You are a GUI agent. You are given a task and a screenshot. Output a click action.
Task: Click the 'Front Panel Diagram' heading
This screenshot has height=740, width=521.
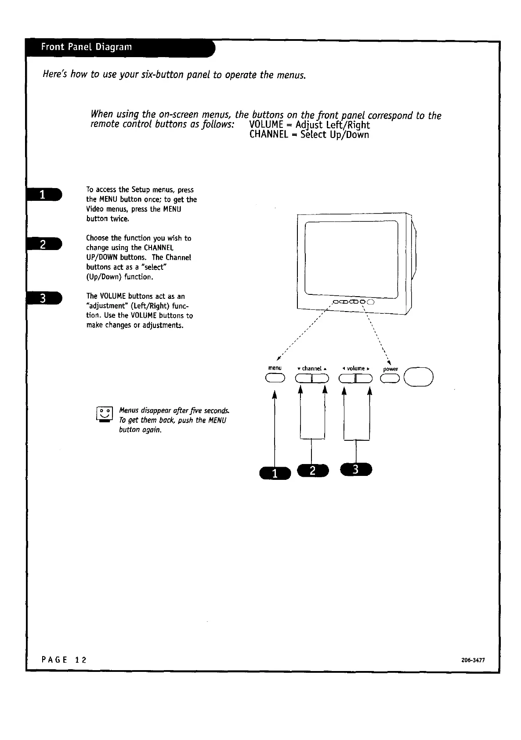pyautogui.click(x=86, y=47)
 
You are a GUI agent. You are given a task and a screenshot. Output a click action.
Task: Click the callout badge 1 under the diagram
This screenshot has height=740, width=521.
pyautogui.click(x=275, y=473)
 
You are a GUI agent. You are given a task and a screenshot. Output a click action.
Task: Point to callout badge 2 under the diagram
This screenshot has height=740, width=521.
pyautogui.click(x=312, y=470)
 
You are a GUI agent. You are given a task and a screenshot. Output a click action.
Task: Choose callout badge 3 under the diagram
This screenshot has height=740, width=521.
pyautogui.click(x=356, y=469)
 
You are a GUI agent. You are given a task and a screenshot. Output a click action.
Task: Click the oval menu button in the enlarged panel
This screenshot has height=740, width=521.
pyautogui.click(x=275, y=378)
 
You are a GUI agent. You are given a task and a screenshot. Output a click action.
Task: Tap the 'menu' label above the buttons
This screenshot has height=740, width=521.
pyautogui.click(x=275, y=368)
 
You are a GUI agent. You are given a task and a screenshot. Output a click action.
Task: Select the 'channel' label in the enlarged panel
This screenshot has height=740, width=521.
pyautogui.click(x=312, y=368)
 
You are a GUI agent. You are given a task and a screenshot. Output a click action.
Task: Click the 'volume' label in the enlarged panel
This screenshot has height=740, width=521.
pyautogui.click(x=356, y=368)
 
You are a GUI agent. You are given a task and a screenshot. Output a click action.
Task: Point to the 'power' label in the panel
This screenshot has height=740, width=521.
pyautogui.click(x=391, y=369)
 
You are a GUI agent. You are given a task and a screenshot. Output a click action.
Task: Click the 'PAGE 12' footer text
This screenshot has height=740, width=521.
pyautogui.click(x=64, y=660)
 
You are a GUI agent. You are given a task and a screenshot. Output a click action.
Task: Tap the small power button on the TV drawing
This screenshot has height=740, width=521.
pyautogui.click(x=370, y=302)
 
